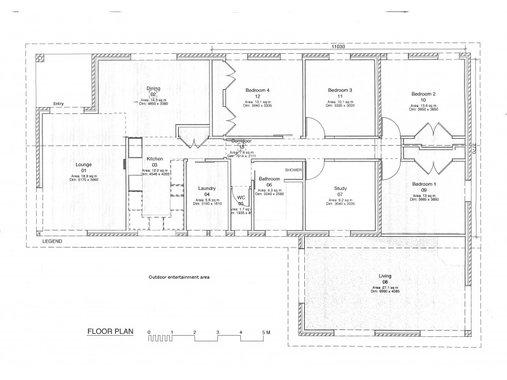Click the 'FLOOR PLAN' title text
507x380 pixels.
[110, 331]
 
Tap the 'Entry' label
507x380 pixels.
[58, 104]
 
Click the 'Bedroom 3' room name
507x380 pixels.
[340, 90]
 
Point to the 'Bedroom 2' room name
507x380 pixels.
[423, 94]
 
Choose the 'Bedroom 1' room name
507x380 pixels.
[424, 184]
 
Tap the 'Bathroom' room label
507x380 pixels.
[269, 179]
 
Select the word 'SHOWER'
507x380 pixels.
[294, 170]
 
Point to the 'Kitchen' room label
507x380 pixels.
[155, 158]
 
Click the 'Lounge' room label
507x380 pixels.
[84, 165]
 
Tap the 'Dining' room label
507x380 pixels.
[153, 89]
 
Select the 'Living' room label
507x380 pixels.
[384, 276]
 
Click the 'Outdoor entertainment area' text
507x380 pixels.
[179, 277]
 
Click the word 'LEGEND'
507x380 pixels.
[52, 242]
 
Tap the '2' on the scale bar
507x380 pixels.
[195, 332]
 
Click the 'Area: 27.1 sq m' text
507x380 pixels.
[383, 287]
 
